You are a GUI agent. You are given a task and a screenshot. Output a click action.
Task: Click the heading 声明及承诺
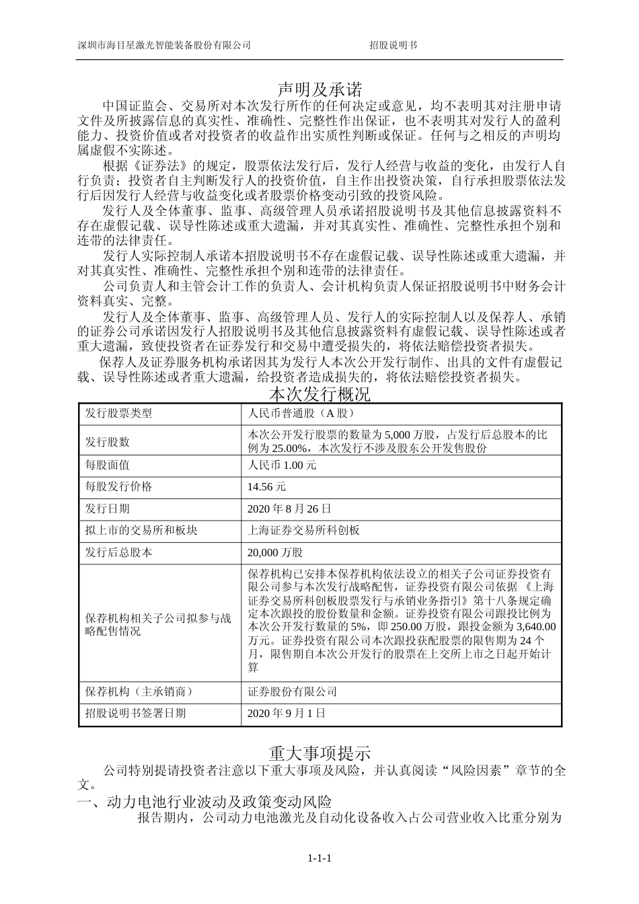click(x=319, y=89)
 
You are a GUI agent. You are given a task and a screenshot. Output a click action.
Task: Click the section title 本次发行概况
click(x=319, y=393)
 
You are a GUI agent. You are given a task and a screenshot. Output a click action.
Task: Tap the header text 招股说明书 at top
click(x=393, y=45)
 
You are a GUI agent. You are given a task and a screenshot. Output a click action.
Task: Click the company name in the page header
click(x=164, y=45)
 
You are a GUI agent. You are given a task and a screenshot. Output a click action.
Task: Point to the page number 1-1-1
click(x=320, y=858)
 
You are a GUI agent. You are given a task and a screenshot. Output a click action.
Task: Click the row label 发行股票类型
click(x=118, y=414)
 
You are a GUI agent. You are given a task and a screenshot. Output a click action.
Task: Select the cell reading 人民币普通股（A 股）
click(x=301, y=414)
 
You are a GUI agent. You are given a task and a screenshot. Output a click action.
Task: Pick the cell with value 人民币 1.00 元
click(x=283, y=465)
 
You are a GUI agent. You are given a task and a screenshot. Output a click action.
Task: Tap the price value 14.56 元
click(x=267, y=486)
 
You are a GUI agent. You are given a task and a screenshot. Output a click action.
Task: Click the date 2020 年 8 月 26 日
click(x=290, y=509)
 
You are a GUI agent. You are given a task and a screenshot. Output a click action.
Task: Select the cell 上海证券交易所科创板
click(x=304, y=530)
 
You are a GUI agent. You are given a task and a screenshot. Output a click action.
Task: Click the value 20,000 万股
click(x=276, y=552)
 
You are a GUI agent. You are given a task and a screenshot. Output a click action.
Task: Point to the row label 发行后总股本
click(x=118, y=552)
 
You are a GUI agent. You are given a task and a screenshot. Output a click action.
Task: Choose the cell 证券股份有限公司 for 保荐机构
click(x=293, y=691)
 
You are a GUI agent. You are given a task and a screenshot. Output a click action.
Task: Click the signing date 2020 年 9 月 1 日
click(x=287, y=713)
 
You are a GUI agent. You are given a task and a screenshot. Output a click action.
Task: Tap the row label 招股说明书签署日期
click(x=135, y=713)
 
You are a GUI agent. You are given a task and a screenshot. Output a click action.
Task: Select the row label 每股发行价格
click(x=118, y=486)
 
